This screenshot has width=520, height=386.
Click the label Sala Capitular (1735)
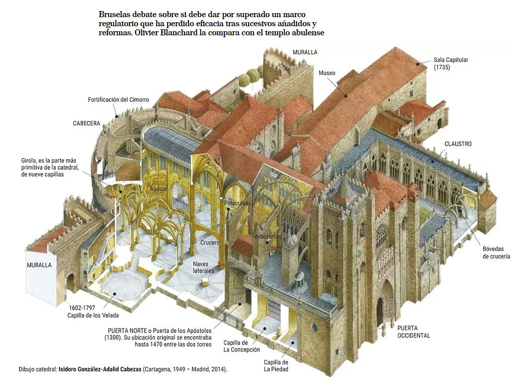pos(450,63)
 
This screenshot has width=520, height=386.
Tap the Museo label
pos(327,73)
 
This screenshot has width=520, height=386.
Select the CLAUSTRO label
pos(458,144)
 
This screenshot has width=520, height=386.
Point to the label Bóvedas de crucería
pos(496,252)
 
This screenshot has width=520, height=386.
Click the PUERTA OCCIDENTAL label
pos(414,332)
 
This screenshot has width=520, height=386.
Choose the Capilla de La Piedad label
pos(276,365)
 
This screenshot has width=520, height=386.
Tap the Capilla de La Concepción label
pos(242,346)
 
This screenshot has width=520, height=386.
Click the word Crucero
pos(210,243)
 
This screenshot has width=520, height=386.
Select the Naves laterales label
pos(204,267)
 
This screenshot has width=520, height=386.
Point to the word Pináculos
pos(236,203)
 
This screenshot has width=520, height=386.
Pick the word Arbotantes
pos(268,236)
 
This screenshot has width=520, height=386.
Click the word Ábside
pos(158,188)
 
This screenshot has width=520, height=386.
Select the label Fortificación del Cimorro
pos(119,100)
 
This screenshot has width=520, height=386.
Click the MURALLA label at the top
pos(305,52)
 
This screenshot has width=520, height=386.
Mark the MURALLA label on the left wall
pos(39,265)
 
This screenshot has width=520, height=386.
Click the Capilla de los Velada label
pos(93,311)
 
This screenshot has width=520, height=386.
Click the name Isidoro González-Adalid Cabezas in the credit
pos(100,369)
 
